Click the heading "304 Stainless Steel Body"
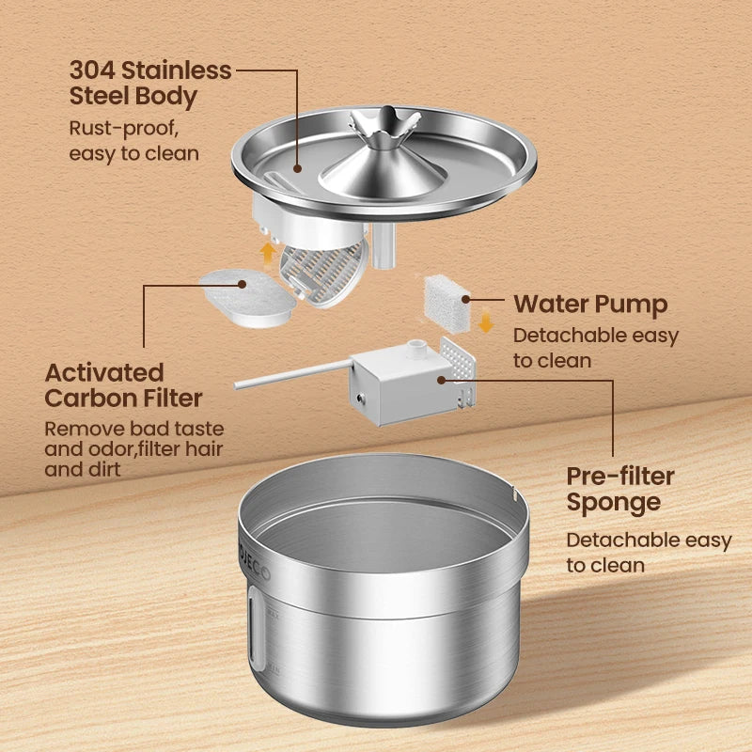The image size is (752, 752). tap(150, 83)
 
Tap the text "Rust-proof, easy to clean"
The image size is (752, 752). tap(133, 140)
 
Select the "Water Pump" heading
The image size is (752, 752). tap(590, 304)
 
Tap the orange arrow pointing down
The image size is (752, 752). tap(486, 321)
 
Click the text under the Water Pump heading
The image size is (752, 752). tap(596, 347)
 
